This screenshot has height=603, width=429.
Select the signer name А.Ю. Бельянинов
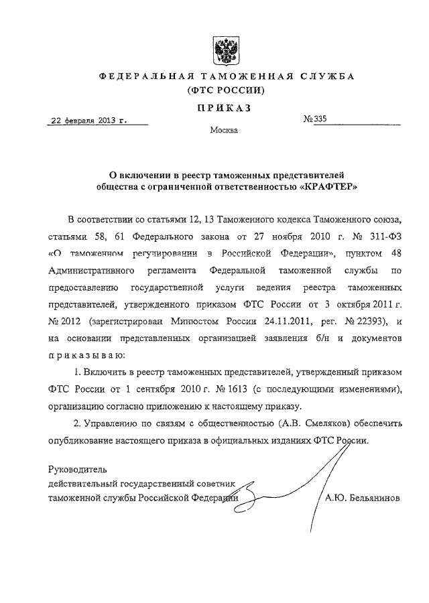[x=363, y=498]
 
